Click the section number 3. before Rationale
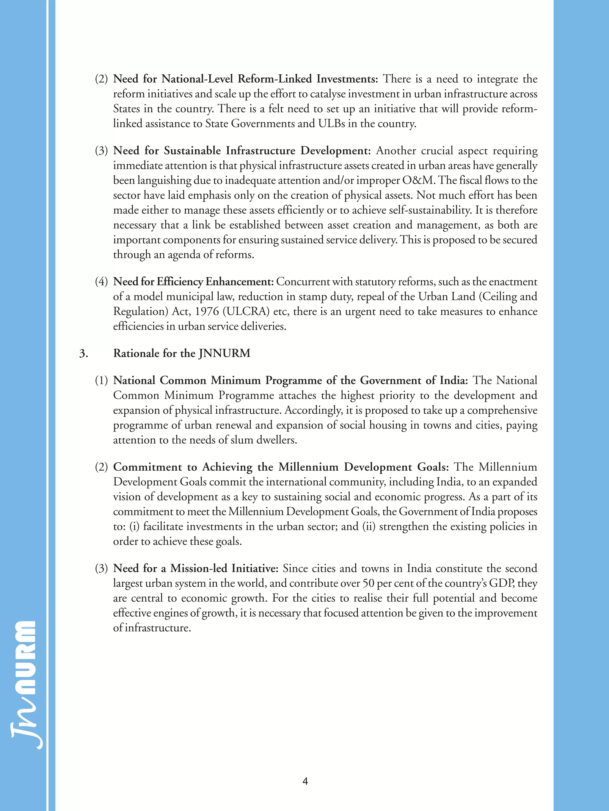84,353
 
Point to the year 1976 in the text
207,311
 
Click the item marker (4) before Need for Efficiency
101,282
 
